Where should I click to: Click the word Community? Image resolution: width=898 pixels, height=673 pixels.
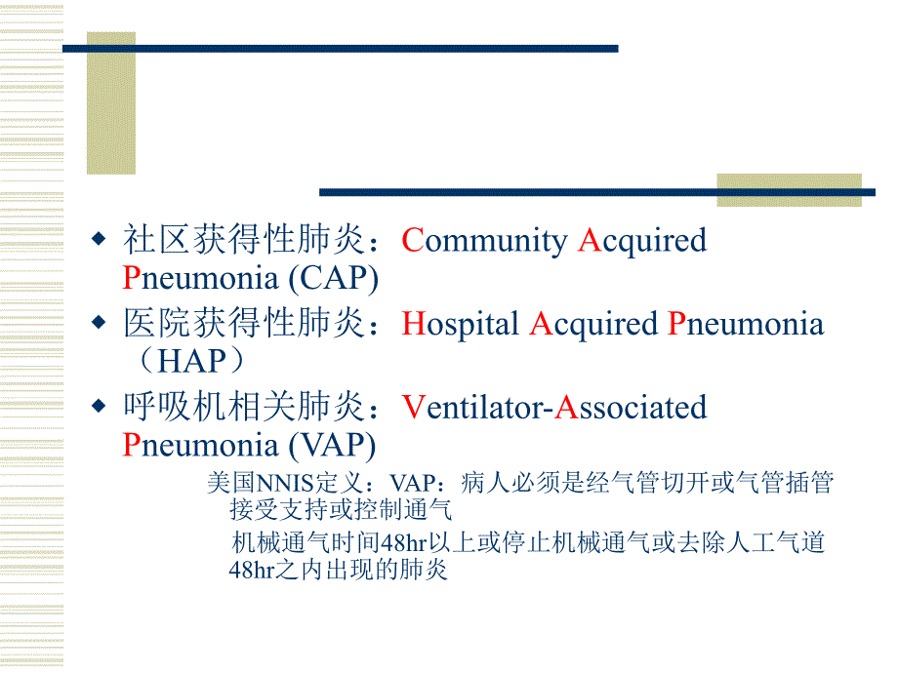(x=484, y=241)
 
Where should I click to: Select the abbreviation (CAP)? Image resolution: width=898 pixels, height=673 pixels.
(x=333, y=279)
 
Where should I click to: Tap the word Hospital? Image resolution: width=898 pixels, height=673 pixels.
(x=461, y=324)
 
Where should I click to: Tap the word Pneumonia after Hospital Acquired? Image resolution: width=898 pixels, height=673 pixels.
(x=746, y=324)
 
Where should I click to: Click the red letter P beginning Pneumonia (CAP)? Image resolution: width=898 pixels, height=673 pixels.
(x=132, y=279)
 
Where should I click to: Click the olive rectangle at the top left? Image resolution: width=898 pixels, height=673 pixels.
(x=110, y=102)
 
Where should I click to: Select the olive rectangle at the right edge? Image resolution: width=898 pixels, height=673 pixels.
(x=789, y=190)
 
